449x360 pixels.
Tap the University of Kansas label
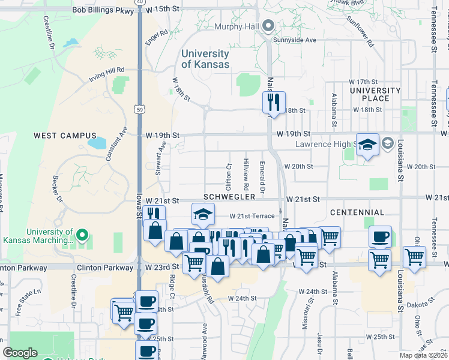point(205,59)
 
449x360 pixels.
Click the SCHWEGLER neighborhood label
point(229,197)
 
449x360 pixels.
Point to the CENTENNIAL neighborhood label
point(357,212)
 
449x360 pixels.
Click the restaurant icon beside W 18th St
point(274,102)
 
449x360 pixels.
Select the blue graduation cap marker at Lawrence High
point(368,145)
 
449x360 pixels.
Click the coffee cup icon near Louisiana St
point(379,236)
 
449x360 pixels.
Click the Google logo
point(20,352)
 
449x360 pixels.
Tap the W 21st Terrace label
point(252,216)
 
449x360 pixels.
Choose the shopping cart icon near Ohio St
point(414,257)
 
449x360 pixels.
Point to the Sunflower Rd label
point(362,35)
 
